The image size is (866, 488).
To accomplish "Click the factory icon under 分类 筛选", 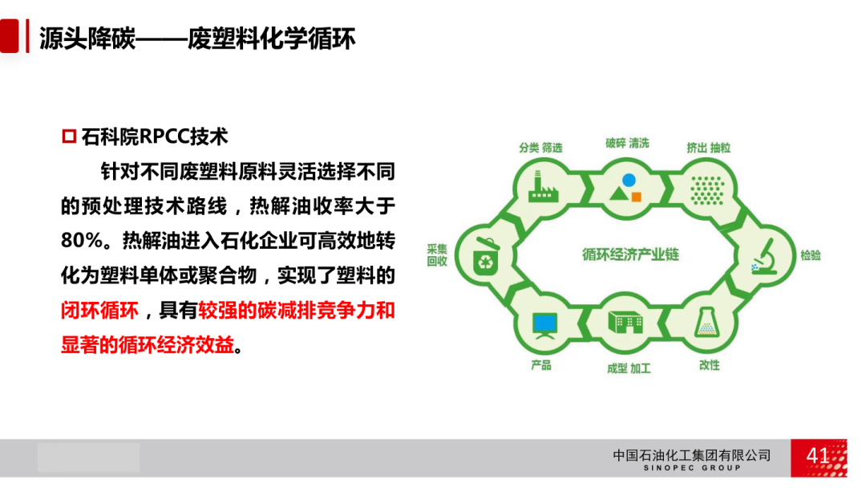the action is pyautogui.click(x=544, y=187).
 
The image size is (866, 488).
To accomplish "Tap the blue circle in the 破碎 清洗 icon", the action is pyautogui.click(x=629, y=180).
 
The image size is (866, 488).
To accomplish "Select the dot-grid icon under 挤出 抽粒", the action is pyautogui.click(x=707, y=191).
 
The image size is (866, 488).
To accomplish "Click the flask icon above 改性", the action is pyautogui.click(x=707, y=322).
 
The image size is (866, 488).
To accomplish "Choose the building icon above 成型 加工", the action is pyautogui.click(x=625, y=322).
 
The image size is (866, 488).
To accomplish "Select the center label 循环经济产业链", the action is pyautogui.click(x=630, y=254).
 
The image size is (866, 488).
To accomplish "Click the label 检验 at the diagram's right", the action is pyautogui.click(x=810, y=255).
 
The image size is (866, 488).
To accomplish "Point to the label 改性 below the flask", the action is pyautogui.click(x=709, y=365).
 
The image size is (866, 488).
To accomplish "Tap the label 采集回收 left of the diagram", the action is pyautogui.click(x=437, y=255).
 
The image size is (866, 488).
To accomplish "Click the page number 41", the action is pyautogui.click(x=817, y=456).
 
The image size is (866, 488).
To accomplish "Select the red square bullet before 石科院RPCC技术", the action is pyautogui.click(x=69, y=136).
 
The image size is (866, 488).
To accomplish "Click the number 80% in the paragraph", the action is pyautogui.click(x=82, y=241).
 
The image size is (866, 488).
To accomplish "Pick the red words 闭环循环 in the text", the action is pyautogui.click(x=99, y=311).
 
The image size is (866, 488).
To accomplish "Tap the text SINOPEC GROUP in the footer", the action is pyautogui.click(x=692, y=468).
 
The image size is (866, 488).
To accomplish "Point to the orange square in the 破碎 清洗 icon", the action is pyautogui.click(x=636, y=197).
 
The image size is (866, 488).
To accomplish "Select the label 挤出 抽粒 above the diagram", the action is pyautogui.click(x=708, y=148).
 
